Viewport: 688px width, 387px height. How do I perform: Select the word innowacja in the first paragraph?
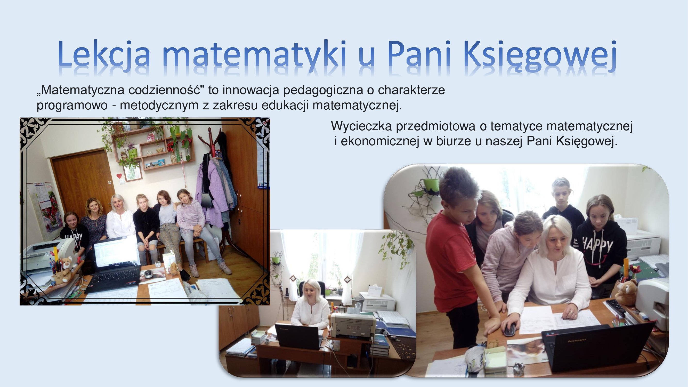tap(250, 90)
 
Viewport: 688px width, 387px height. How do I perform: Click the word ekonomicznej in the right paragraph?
tap(379, 141)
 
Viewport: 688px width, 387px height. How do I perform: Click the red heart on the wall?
tap(119, 176)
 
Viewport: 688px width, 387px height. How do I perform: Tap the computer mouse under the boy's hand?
tap(509, 329)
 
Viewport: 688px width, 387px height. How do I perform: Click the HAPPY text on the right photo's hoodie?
tap(598, 245)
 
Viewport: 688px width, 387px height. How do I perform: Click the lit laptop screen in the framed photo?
tap(116, 252)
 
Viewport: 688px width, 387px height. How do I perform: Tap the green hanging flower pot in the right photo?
tap(431, 185)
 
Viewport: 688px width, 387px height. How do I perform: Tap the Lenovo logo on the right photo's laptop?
tap(577, 340)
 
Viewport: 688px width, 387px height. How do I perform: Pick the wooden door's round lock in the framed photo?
tap(109, 182)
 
